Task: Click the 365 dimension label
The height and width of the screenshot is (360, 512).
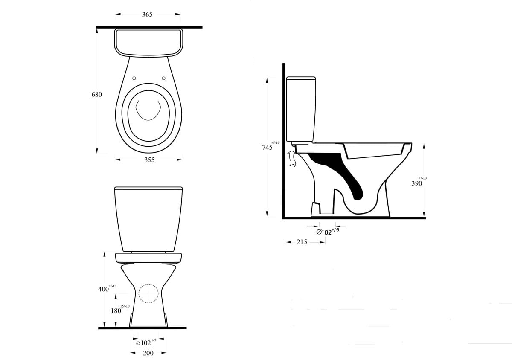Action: [147, 15]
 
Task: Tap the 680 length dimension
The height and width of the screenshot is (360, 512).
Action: [97, 94]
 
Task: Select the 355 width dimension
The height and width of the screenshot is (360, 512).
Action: [149, 160]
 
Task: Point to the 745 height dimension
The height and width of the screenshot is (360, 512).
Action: [267, 148]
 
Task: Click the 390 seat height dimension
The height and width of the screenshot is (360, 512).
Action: [417, 183]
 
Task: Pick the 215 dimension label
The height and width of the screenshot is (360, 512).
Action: [302, 242]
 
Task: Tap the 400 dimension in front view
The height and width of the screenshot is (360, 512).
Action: [103, 289]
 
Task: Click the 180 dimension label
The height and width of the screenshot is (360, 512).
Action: [116, 311]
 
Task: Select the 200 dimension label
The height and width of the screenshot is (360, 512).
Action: [148, 353]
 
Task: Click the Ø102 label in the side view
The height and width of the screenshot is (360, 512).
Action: [324, 232]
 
